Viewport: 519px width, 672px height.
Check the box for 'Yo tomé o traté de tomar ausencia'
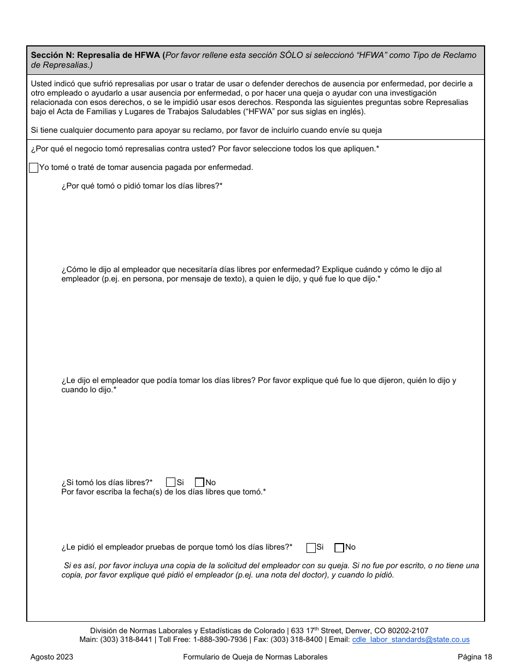[x=33, y=168]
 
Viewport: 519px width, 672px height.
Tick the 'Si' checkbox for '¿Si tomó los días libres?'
[x=170, y=482]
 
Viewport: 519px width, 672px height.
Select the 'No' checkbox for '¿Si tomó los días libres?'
[x=199, y=482]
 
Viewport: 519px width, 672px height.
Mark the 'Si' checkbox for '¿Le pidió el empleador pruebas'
[x=311, y=547]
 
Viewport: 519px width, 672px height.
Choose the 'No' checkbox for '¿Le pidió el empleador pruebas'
[x=339, y=547]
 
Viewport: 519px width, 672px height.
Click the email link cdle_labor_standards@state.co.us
[x=411, y=640]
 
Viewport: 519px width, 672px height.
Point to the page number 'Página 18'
[x=475, y=657]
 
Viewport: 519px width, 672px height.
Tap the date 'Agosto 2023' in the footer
[x=52, y=657]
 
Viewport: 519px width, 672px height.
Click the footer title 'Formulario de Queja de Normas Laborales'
[x=255, y=657]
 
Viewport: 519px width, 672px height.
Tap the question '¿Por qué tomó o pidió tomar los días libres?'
[x=141, y=186]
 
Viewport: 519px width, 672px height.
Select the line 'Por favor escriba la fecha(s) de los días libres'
[x=163, y=492]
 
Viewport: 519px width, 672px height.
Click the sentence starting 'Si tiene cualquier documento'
[x=207, y=130]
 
